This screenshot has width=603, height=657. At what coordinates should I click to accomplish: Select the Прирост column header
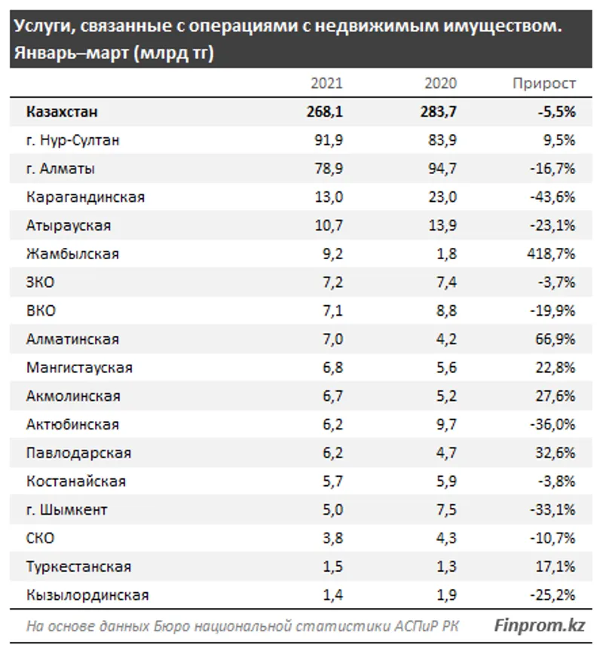tap(543, 84)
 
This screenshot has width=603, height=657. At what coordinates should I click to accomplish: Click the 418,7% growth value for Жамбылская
tap(554, 254)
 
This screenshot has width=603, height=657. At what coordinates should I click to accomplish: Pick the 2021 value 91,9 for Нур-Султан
tap(329, 140)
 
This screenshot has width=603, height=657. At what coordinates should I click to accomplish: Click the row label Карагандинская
tap(85, 197)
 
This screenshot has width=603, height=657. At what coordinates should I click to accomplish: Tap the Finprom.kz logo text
tap(540, 625)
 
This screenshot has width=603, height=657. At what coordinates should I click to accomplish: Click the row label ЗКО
tap(40, 283)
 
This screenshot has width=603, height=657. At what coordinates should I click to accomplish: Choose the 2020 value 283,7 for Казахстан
tap(439, 112)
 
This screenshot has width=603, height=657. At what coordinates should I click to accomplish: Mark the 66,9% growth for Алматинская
tap(557, 339)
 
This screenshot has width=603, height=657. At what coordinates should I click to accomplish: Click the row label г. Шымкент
tap(66, 509)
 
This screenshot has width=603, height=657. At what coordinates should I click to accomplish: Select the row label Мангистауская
tap(79, 368)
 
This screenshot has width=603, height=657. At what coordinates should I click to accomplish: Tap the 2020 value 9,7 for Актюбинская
tap(446, 424)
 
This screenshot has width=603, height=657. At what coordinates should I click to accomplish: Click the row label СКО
tap(40, 538)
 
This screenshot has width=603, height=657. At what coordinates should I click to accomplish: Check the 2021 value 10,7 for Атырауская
tap(329, 225)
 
